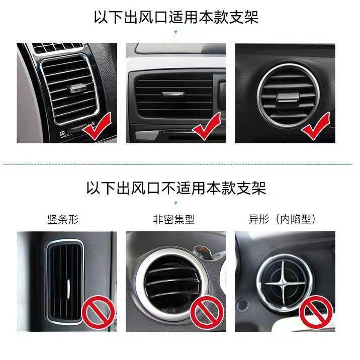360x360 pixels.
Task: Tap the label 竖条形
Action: point(62,219)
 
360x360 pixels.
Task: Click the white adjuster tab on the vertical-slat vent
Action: point(68,287)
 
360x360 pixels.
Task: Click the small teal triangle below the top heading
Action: point(175,32)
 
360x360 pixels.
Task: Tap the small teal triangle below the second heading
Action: point(175,203)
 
